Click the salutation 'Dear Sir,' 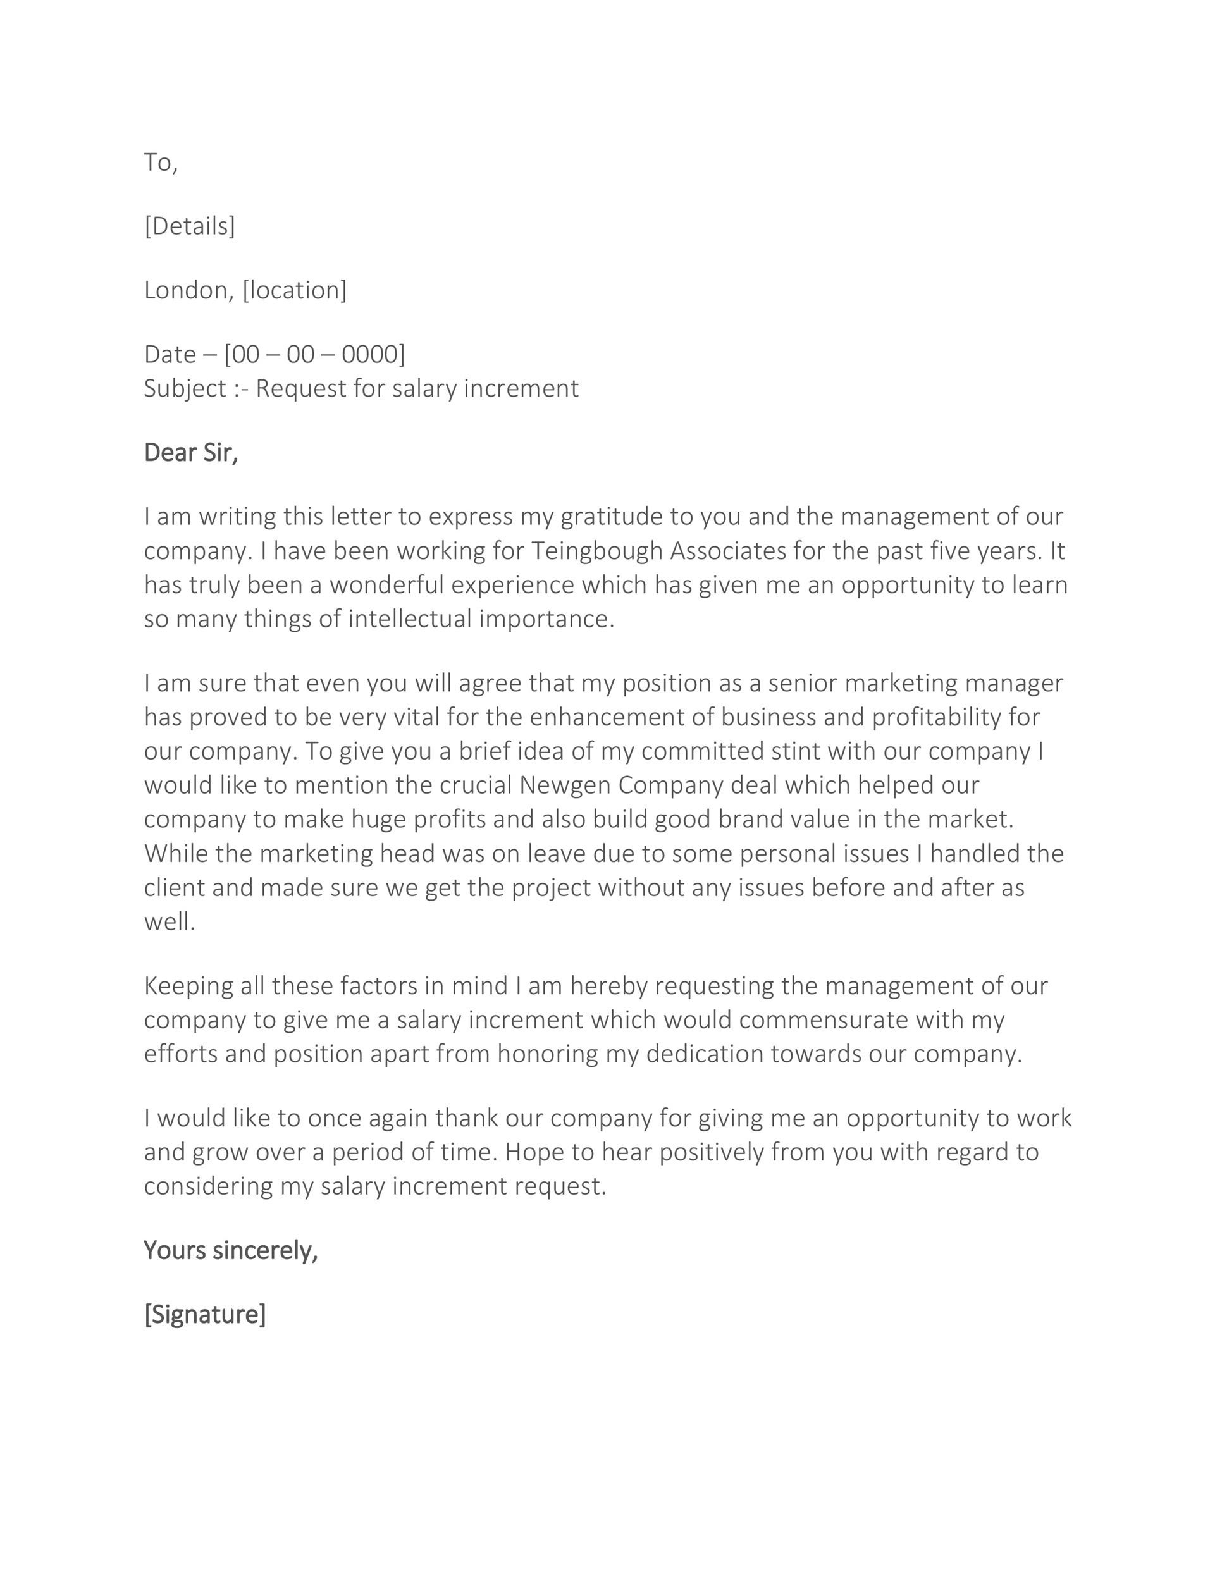191,452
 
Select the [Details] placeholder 190,226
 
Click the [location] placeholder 295,290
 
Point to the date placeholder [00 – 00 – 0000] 314,354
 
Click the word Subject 185,389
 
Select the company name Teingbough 597,551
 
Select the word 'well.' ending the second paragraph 170,921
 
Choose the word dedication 705,1054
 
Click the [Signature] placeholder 205,1314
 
